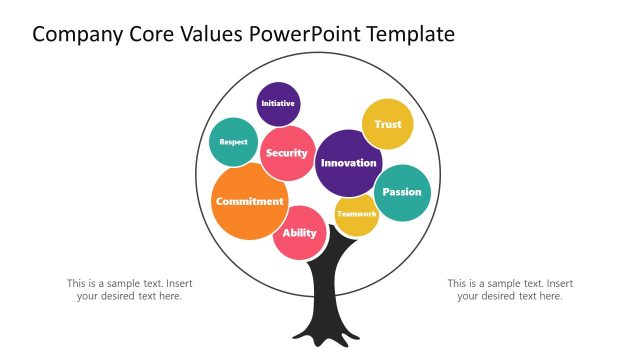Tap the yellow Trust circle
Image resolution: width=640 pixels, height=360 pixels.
point(388,124)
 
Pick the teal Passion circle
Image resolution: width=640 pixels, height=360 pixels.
point(402,192)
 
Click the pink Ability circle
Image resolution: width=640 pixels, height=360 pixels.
point(299,233)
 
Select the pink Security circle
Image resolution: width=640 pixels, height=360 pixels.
point(287,153)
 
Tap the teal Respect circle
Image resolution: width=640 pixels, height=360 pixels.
point(233,142)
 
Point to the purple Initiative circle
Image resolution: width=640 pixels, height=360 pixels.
point(278,103)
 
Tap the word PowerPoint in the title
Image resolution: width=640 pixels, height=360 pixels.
point(314,35)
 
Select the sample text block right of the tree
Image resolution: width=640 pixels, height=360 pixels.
point(510,289)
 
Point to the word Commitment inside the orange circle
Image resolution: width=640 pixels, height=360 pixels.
point(249,201)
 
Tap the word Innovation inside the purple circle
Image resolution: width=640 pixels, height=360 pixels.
point(349,163)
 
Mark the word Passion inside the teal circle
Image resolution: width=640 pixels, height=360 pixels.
point(402,192)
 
